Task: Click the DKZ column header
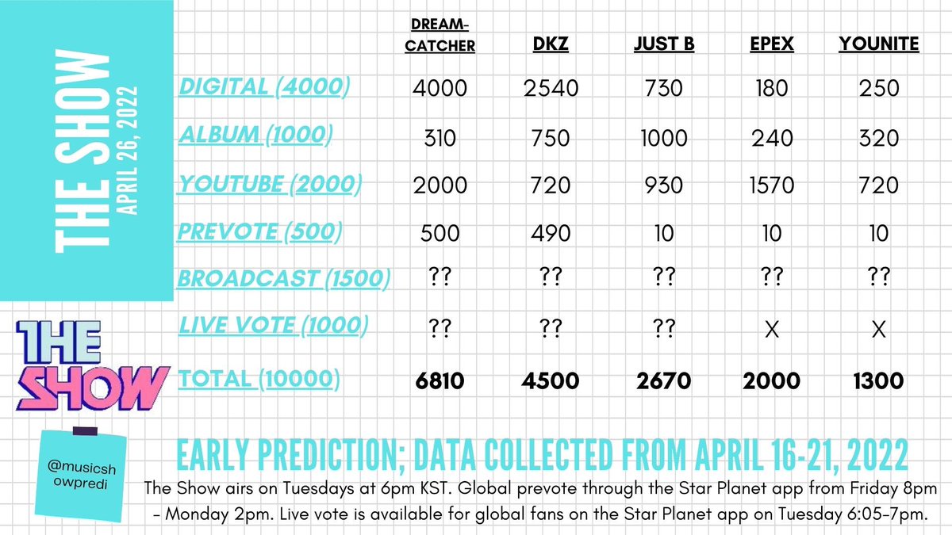(551, 44)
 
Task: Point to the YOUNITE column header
(878, 44)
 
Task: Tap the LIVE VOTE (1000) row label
(274, 325)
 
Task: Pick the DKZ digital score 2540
(551, 89)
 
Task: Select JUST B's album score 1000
(663, 137)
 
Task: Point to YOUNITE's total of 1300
(878, 381)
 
